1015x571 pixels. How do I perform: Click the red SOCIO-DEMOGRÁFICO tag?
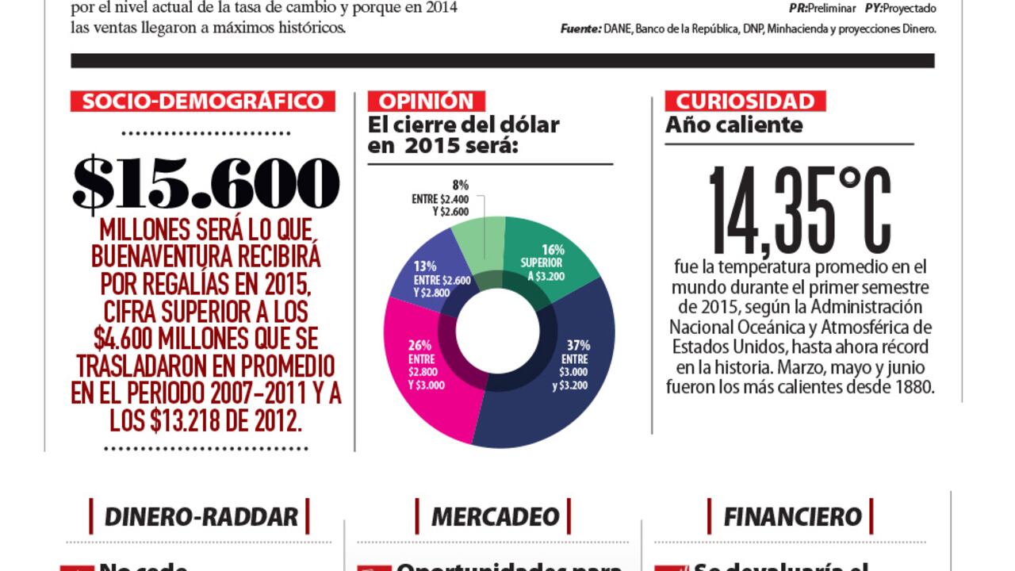[x=203, y=102]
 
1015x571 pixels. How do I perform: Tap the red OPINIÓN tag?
[x=426, y=102]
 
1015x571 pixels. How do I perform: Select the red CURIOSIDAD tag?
[x=745, y=102]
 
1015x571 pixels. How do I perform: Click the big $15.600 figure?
[x=206, y=184]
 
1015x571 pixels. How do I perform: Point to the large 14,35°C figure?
[x=799, y=209]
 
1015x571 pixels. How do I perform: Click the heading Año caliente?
[x=733, y=125]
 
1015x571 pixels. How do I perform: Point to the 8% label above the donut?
[x=461, y=185]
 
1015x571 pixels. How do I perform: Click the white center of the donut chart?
[x=498, y=331]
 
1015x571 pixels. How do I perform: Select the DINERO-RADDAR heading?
[x=201, y=517]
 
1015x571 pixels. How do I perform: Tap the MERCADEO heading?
[x=495, y=517]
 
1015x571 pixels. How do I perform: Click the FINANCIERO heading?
[x=791, y=517]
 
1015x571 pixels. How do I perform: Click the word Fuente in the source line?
[x=580, y=29]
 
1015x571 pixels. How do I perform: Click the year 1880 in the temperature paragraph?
[x=913, y=388]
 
